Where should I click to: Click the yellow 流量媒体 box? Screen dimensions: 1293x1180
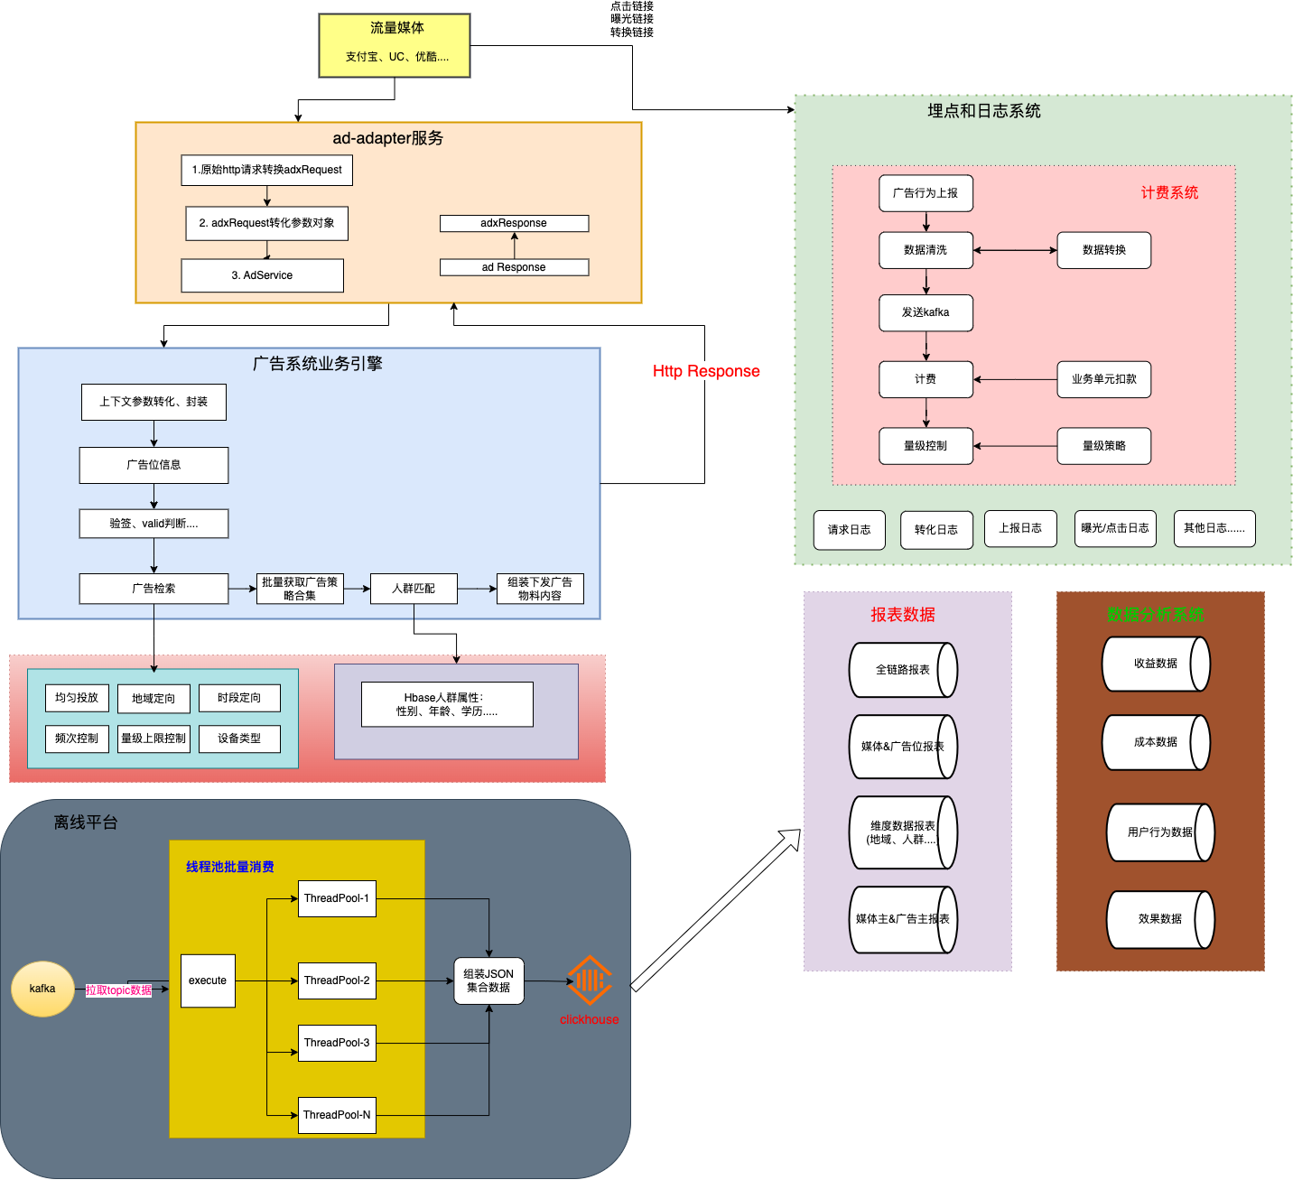(394, 45)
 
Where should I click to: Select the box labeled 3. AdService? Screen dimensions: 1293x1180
(262, 275)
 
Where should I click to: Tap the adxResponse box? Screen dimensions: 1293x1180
(514, 223)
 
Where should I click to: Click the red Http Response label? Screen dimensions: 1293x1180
(706, 371)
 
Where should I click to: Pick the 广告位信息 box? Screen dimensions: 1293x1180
(153, 465)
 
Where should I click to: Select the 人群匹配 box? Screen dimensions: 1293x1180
(414, 588)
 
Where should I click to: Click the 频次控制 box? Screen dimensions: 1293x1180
(77, 739)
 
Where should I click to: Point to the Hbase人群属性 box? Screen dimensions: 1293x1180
(447, 704)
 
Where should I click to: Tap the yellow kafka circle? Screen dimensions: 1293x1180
(42, 989)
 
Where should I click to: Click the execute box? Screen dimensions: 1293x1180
(208, 980)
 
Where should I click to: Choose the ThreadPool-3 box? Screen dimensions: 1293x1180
(337, 1043)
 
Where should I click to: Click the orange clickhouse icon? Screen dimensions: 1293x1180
(589, 980)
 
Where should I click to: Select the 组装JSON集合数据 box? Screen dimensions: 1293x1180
(488, 980)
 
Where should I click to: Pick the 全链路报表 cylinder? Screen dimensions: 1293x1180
(902, 670)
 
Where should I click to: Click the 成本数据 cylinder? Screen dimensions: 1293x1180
(1156, 742)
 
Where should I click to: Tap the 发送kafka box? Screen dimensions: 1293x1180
(926, 312)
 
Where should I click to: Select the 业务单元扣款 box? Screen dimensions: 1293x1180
(1103, 379)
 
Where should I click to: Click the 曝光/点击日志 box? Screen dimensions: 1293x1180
(1114, 529)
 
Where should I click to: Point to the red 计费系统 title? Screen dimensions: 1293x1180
(1169, 192)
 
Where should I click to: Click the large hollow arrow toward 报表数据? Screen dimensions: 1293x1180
(715, 910)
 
